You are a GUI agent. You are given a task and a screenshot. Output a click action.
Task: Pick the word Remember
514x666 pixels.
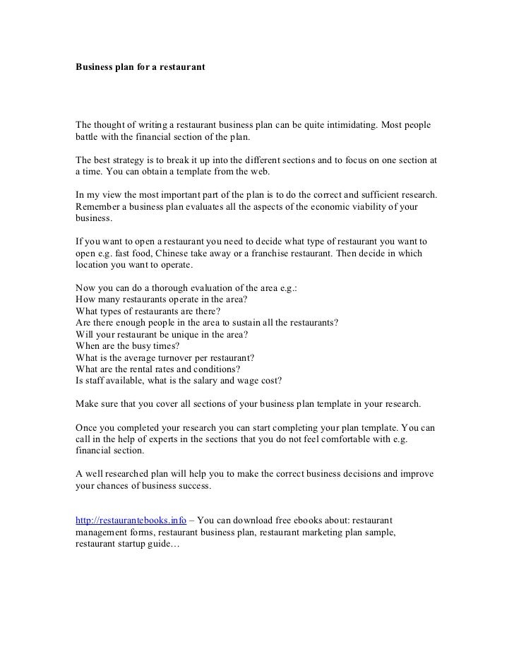click(100, 206)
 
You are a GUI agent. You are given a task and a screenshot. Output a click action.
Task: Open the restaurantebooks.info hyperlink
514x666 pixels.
click(131, 521)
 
